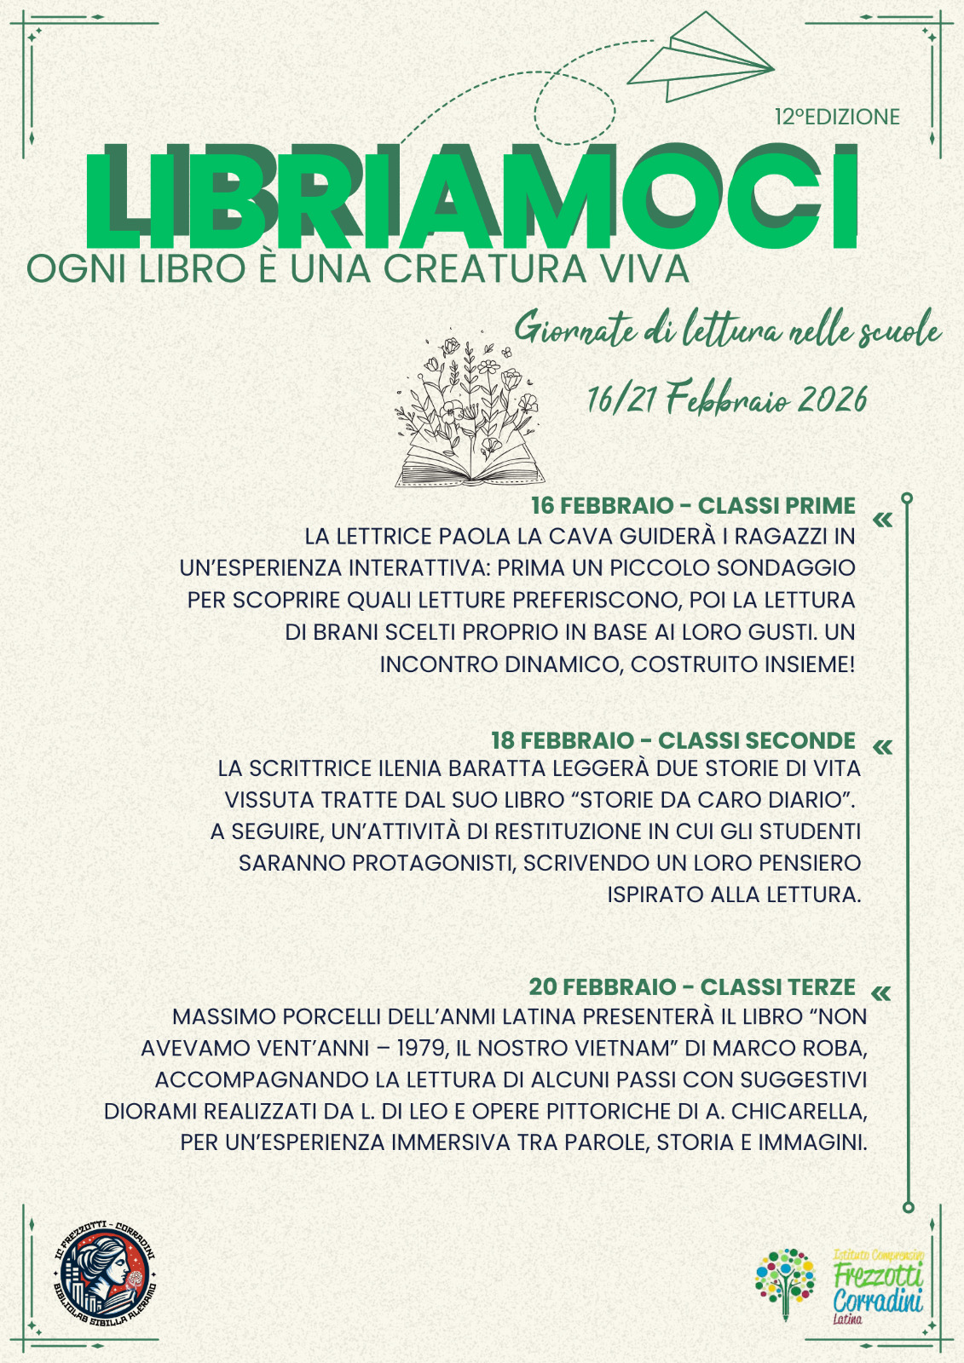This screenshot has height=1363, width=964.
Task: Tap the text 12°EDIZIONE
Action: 837,117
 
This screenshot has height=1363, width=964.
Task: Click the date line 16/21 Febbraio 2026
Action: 727,399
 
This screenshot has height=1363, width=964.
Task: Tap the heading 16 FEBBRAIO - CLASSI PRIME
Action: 693,505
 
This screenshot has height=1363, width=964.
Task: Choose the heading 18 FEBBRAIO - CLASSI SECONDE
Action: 673,739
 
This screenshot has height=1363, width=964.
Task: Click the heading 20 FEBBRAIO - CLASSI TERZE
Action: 692,986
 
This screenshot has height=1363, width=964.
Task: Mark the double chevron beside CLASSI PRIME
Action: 883,519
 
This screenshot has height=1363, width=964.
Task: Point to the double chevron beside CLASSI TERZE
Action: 881,993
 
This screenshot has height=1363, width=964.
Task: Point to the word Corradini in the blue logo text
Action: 878,1301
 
